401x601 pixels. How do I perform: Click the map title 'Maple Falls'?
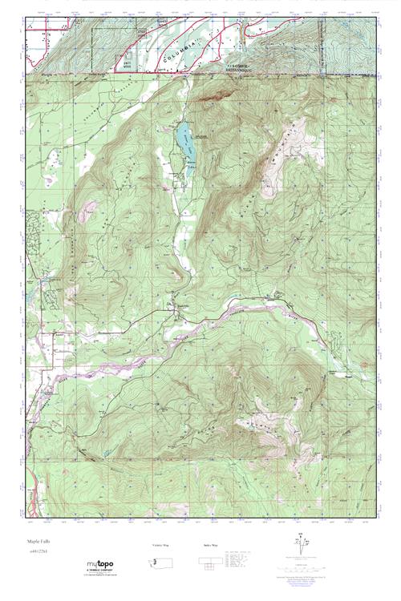[x=38, y=542]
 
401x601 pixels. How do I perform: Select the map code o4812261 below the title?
[x=38, y=552]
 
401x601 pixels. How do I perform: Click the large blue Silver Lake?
[x=184, y=132]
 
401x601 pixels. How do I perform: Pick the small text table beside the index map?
[x=240, y=566]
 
